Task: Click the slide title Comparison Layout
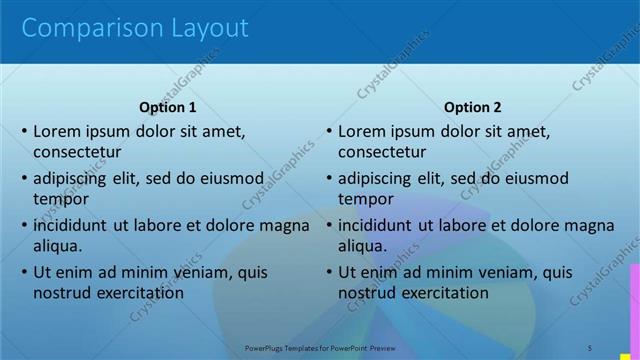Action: [x=135, y=29]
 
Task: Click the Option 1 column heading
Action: [x=168, y=107]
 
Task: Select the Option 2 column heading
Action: [x=473, y=107]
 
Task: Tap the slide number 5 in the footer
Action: [x=590, y=348]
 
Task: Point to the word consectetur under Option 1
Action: [x=77, y=153]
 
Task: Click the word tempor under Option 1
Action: [x=61, y=200]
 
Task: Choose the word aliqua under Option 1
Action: [x=57, y=247]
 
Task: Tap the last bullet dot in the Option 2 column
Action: [x=329, y=272]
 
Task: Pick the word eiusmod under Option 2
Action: [x=532, y=179]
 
